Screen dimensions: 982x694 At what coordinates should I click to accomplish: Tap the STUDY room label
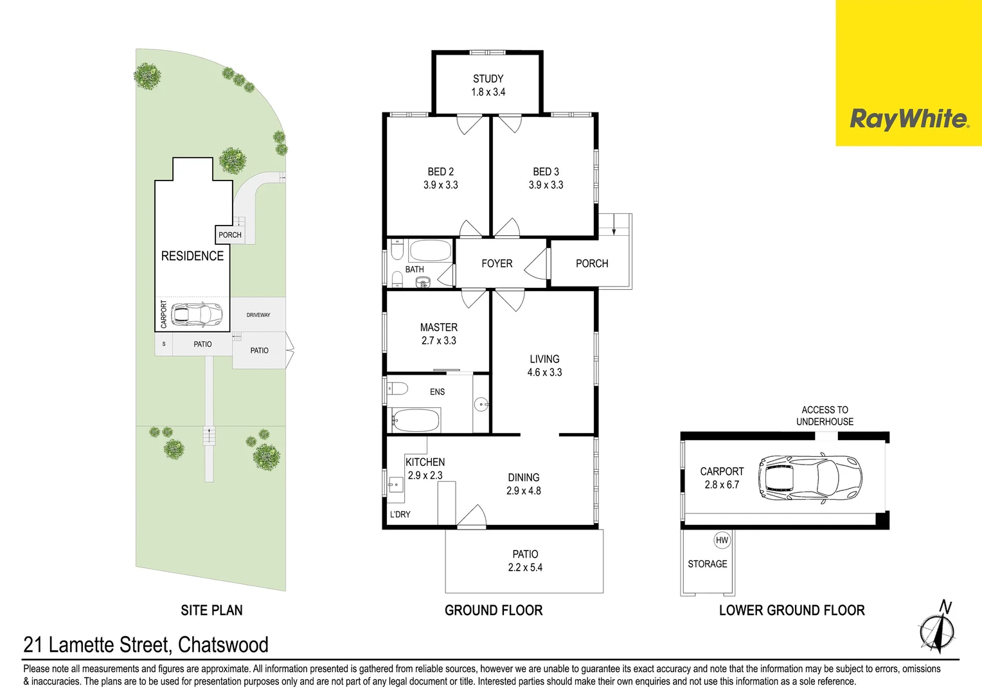pyautogui.click(x=488, y=79)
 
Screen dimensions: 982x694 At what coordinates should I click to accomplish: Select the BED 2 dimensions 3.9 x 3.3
pyautogui.click(x=441, y=185)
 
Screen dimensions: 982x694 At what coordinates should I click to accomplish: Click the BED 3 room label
pyautogui.click(x=546, y=172)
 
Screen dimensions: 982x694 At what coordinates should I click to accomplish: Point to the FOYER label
pyautogui.click(x=497, y=263)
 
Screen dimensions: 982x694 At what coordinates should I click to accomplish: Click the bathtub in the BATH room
pyautogui.click(x=430, y=251)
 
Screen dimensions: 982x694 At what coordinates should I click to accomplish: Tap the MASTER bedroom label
pyautogui.click(x=439, y=328)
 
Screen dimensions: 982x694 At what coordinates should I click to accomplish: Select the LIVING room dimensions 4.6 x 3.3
pyautogui.click(x=544, y=372)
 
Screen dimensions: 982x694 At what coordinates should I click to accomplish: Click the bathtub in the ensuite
pyautogui.click(x=415, y=420)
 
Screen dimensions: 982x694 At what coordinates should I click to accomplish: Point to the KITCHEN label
pyautogui.click(x=425, y=462)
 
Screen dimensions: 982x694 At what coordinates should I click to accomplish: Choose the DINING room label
pyautogui.click(x=523, y=477)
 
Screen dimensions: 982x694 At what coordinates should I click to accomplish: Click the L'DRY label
pyautogui.click(x=400, y=514)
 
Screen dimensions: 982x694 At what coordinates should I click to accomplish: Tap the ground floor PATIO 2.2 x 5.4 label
pyautogui.click(x=525, y=561)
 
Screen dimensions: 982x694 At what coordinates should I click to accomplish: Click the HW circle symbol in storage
pyautogui.click(x=722, y=540)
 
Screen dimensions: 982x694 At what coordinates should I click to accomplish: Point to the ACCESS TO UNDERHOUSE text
pyautogui.click(x=825, y=416)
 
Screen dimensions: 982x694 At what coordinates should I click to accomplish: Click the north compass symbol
pyautogui.click(x=937, y=628)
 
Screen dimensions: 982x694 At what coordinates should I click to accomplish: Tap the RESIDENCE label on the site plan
pyautogui.click(x=192, y=256)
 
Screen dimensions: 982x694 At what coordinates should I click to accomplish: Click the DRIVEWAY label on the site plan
pyautogui.click(x=258, y=315)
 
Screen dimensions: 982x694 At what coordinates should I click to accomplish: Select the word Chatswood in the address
pyautogui.click(x=223, y=645)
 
